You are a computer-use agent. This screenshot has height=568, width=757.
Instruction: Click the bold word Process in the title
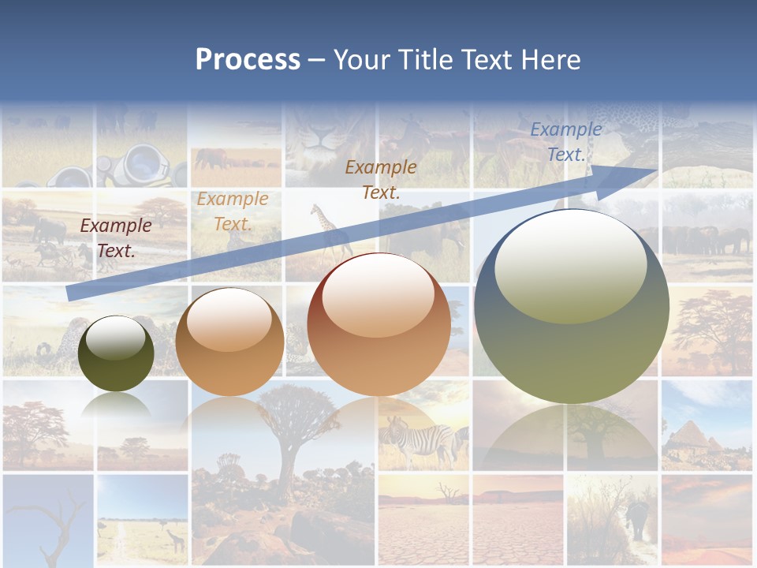248,60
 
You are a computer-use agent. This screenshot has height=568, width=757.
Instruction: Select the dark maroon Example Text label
116,238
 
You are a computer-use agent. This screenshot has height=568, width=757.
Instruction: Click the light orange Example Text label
233,211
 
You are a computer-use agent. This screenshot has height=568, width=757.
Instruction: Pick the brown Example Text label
381,179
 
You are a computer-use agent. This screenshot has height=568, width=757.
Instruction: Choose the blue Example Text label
565,142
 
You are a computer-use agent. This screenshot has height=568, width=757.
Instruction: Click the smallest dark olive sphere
117,363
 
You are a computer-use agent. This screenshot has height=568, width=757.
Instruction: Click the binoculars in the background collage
142,166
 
